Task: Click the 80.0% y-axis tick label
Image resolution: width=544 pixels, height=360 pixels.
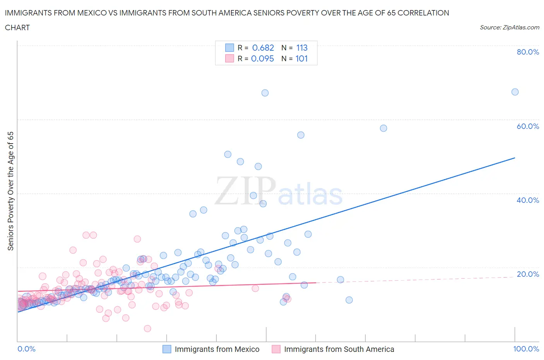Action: (x=528, y=52)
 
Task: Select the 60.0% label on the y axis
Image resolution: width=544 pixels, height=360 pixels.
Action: (x=528, y=126)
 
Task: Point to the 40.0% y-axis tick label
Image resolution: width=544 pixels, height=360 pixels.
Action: (x=528, y=200)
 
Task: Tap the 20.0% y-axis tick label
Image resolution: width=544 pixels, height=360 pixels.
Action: (x=528, y=274)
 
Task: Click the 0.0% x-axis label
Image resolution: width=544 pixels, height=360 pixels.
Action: (x=26, y=349)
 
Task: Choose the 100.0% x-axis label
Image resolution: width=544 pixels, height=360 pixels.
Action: (x=526, y=349)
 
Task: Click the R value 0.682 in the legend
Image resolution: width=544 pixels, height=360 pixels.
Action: (x=263, y=48)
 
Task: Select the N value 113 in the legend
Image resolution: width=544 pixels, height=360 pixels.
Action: (x=302, y=48)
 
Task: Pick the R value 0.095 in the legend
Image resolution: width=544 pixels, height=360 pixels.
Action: (x=262, y=58)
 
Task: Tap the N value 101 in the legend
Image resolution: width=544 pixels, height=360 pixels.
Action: (x=302, y=58)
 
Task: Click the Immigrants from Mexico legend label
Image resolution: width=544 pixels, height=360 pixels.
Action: (x=217, y=349)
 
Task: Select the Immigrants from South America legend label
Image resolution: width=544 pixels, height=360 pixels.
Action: (x=339, y=349)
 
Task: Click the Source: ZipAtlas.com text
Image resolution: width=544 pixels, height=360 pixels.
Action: (x=509, y=27)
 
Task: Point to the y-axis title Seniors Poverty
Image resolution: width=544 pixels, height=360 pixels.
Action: (x=11, y=191)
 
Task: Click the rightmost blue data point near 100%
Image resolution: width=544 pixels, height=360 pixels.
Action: (x=515, y=92)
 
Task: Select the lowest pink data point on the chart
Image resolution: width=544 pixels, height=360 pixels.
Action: (x=147, y=329)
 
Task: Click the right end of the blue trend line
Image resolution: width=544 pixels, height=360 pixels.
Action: (x=515, y=158)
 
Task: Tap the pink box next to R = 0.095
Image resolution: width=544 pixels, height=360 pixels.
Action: (x=229, y=58)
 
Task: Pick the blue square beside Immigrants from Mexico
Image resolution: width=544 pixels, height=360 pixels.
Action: (x=167, y=349)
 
